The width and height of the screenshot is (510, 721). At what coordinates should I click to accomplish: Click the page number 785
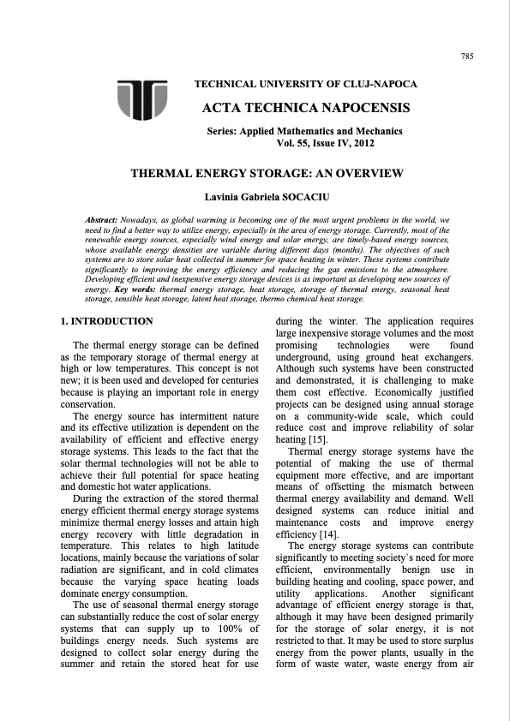(x=467, y=57)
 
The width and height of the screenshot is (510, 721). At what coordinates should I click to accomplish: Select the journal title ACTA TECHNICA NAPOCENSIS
(x=304, y=108)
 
